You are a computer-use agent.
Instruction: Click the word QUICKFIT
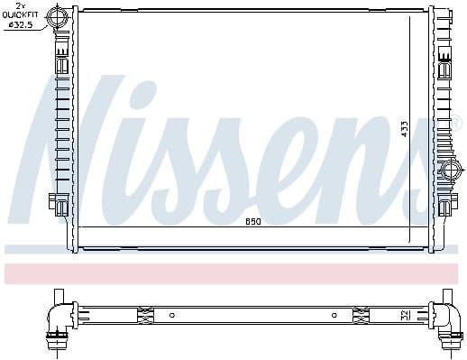20,16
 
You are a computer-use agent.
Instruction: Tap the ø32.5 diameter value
20,24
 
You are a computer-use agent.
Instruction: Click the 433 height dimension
405,127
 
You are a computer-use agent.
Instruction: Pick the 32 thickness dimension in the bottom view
404,316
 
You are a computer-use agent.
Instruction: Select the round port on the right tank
450,168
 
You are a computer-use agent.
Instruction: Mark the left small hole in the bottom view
170,315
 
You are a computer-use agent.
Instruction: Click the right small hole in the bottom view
334,315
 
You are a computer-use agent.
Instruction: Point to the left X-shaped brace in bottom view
144,315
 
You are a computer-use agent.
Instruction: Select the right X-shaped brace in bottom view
361,315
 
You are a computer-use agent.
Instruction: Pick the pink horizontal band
233,273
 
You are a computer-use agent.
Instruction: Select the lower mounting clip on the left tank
60,207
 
